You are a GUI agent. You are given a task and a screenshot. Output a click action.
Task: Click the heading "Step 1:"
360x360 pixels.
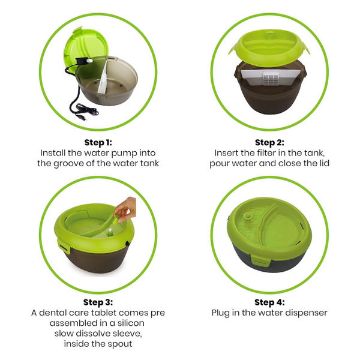click(98, 142)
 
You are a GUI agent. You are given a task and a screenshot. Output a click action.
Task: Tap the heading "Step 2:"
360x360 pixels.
click(269, 142)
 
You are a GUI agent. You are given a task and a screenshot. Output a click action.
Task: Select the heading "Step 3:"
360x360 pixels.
click(98, 302)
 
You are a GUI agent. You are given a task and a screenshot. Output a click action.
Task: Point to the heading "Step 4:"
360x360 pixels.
click(269, 302)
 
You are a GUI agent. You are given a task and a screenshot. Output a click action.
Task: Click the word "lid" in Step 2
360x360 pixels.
click(324, 163)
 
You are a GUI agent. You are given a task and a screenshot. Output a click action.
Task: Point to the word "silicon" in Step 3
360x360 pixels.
click(131, 323)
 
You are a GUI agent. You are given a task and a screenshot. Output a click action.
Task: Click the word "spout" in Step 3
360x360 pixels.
click(120, 344)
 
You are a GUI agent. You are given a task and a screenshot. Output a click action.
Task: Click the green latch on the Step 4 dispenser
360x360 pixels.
click(260, 260)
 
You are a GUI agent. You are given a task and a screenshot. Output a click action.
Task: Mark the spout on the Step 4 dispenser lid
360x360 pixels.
click(247, 215)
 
